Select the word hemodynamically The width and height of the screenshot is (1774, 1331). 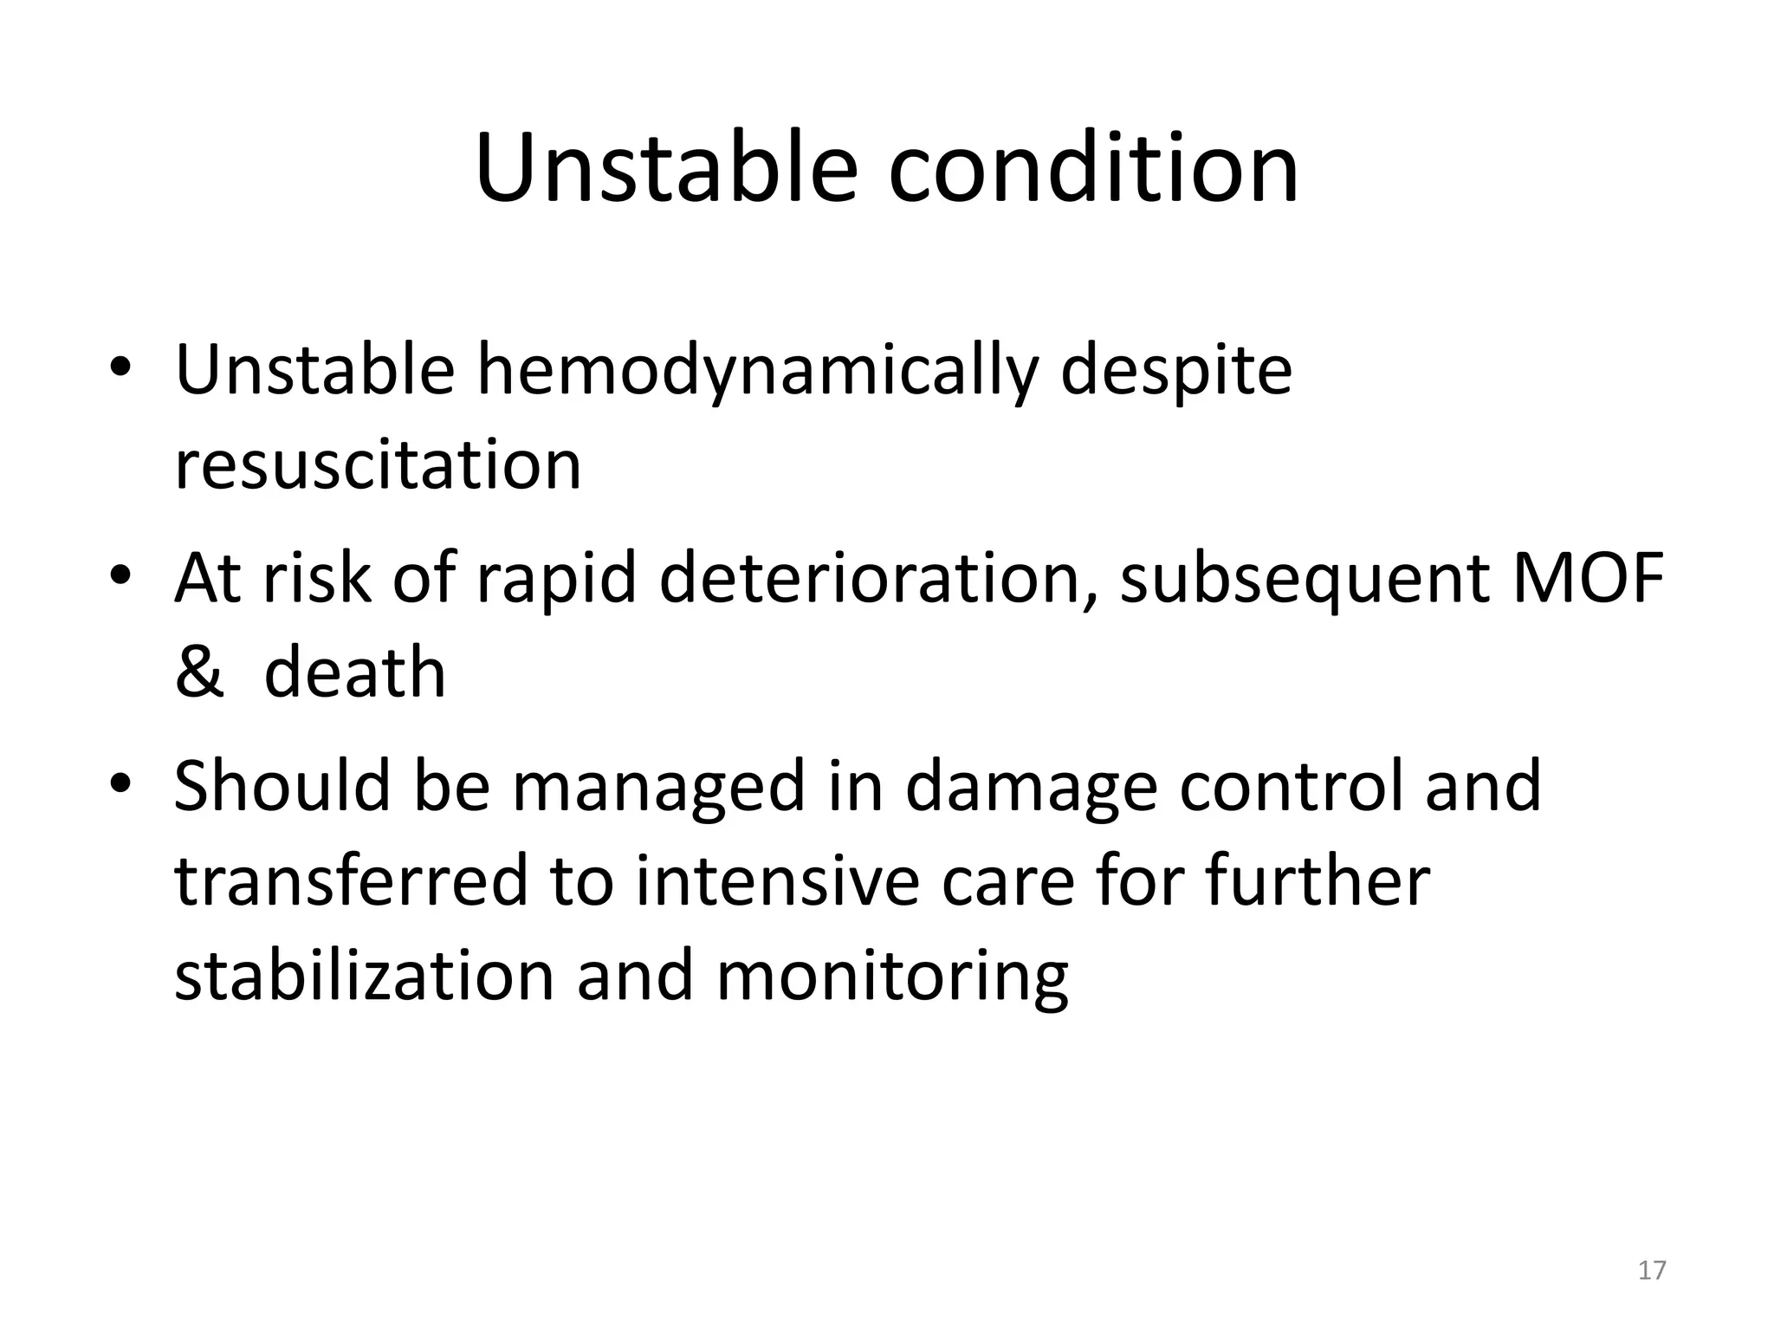click(x=757, y=372)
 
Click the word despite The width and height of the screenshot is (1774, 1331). click(x=1175, y=372)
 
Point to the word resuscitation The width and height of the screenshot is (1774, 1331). click(x=378, y=465)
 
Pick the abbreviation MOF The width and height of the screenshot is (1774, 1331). click(x=1588, y=578)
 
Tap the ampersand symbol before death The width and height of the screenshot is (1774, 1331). click(x=198, y=672)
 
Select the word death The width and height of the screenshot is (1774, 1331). click(x=354, y=672)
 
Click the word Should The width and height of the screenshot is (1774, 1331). click(x=282, y=786)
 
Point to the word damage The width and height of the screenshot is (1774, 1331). click(x=1031, y=786)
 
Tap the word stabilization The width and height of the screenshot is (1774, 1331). click(x=364, y=977)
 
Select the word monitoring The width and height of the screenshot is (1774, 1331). click(x=892, y=977)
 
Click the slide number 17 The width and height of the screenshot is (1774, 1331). click(x=1652, y=1270)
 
